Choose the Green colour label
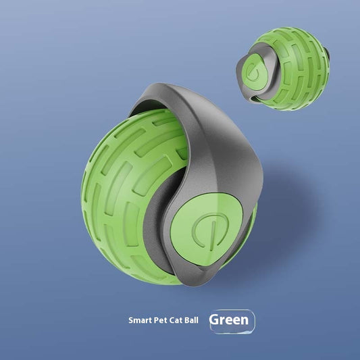[230, 319]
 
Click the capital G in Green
[215, 319]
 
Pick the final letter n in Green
[245, 320]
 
